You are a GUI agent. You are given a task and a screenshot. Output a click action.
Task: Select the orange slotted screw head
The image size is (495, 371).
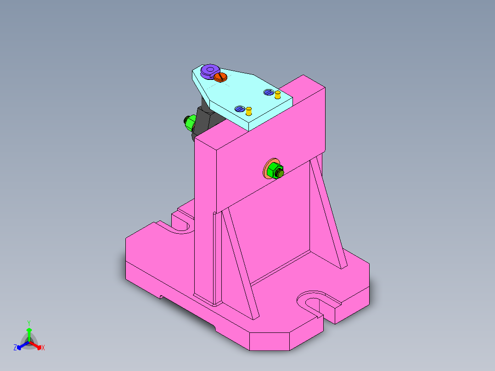(221, 77)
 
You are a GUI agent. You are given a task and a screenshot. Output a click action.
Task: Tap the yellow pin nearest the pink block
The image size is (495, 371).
(277, 95)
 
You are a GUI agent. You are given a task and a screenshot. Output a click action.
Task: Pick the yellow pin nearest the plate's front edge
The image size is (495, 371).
(249, 111)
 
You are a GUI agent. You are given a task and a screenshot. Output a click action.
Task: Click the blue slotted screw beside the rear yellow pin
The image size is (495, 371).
(269, 92)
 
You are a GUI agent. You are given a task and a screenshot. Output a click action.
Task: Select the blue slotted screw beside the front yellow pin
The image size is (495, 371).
(239, 109)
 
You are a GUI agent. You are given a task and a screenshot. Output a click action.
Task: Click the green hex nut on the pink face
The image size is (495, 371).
(276, 171)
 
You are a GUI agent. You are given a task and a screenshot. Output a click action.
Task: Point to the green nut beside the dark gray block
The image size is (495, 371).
(189, 123)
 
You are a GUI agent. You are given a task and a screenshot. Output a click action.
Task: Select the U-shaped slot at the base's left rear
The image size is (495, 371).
(183, 224)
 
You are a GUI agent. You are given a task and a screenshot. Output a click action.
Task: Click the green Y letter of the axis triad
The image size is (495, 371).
(28, 323)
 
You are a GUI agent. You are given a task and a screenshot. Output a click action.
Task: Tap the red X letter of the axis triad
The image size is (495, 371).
(43, 348)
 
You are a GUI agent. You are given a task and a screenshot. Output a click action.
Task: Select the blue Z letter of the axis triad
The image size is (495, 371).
(15, 348)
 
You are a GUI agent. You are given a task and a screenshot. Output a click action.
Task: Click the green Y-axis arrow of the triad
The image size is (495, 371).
(28, 333)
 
